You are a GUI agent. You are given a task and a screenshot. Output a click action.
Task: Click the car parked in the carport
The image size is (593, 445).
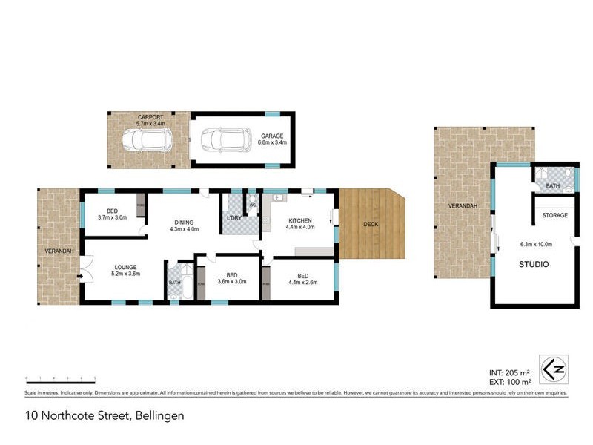(147, 139)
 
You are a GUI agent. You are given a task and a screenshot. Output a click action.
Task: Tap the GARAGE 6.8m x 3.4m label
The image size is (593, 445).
(272, 138)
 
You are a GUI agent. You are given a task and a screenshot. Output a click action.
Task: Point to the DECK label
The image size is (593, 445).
(371, 224)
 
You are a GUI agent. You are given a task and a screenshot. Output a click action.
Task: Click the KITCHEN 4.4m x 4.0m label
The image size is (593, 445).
(300, 224)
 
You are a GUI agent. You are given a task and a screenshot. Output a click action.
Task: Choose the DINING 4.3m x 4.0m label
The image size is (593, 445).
(182, 225)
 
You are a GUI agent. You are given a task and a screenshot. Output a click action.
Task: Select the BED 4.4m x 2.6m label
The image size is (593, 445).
(302, 279)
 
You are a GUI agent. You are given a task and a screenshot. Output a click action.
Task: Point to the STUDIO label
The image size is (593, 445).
(534, 264)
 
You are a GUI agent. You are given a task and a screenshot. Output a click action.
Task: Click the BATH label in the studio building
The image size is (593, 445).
(553, 186)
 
